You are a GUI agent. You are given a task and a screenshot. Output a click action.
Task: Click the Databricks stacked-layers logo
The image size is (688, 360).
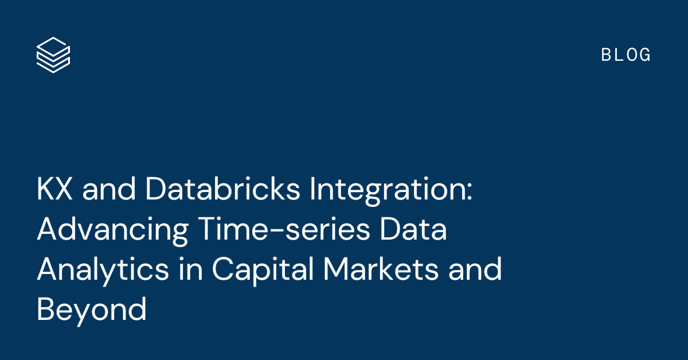point(53,54)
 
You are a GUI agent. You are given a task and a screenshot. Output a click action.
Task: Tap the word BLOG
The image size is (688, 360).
point(626,55)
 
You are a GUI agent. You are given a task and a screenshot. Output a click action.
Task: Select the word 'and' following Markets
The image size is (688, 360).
point(475,270)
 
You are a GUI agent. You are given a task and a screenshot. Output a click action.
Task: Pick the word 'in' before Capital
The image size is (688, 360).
point(190,270)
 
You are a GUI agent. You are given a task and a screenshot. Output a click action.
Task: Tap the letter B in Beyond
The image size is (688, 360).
point(46,310)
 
